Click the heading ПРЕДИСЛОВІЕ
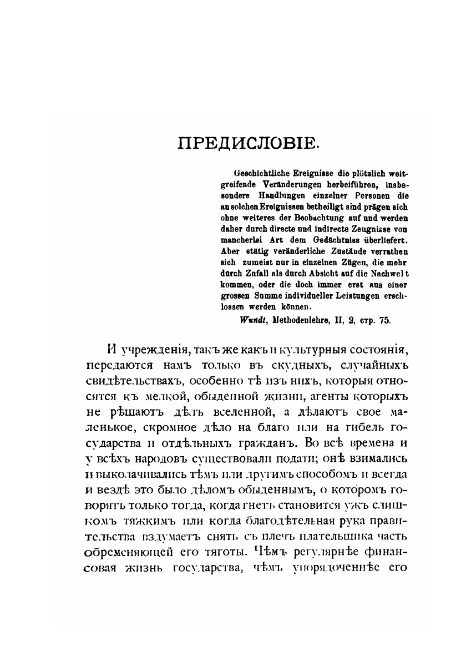coord(249,144)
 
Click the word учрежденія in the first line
coord(150,350)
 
